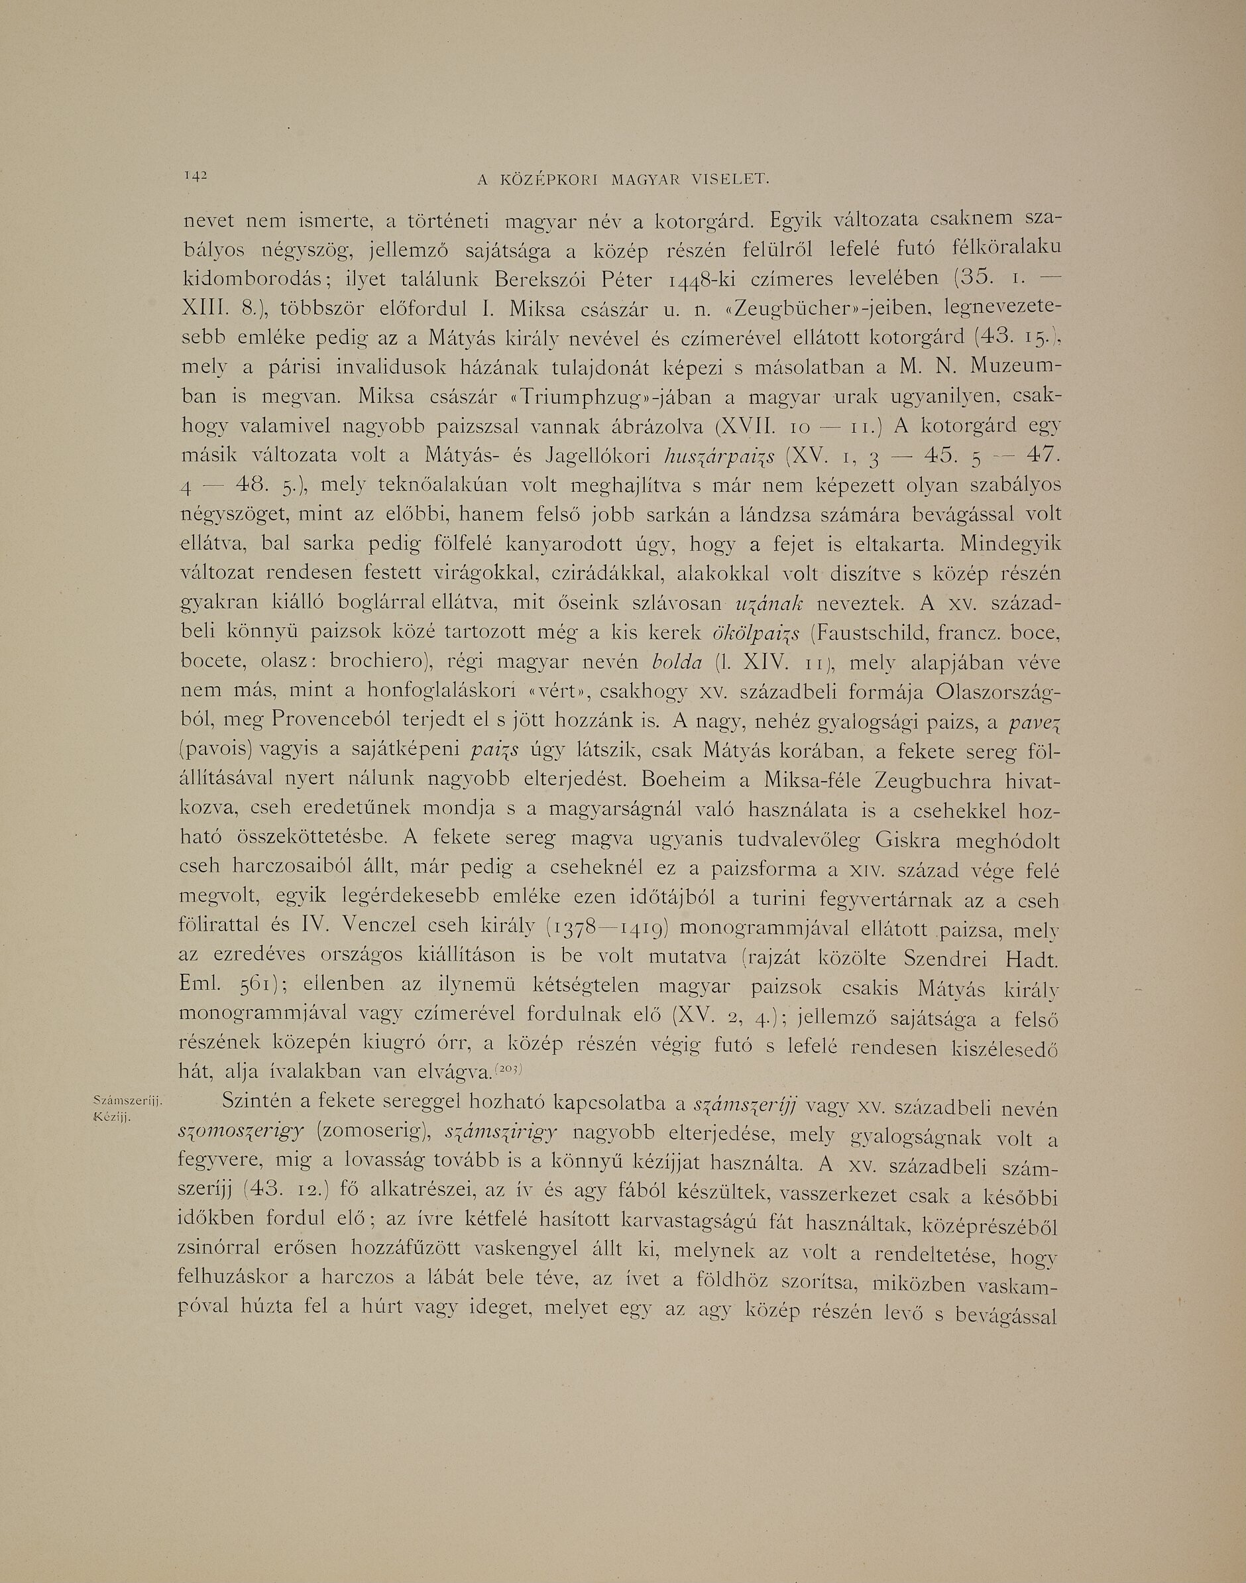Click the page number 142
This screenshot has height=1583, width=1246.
coord(197,175)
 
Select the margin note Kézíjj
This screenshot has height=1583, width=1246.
coord(113,1117)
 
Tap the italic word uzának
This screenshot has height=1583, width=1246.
coord(770,604)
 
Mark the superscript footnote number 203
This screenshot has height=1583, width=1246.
coord(505,1069)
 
